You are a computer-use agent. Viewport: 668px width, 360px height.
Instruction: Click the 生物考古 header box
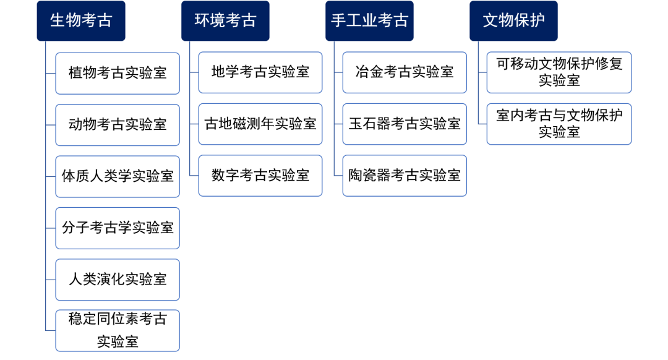coord(80,20)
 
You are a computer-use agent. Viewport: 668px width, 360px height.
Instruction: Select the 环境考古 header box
coord(225,20)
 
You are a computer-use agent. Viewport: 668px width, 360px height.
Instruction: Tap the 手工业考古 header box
coord(369,20)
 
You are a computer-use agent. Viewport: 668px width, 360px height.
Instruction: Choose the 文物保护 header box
coord(513,20)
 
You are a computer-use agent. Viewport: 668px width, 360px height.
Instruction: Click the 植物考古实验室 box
coord(118,73)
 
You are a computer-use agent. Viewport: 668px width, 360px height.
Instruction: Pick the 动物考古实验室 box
coord(118,124)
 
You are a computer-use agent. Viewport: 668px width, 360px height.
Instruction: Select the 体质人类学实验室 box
coord(118,176)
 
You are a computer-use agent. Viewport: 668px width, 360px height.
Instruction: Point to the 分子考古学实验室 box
coord(118,228)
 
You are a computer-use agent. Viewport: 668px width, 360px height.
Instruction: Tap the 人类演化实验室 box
coord(118,280)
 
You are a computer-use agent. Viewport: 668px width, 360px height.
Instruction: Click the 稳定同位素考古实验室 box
coord(118,330)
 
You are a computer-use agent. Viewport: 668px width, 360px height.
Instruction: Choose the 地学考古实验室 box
coord(260,72)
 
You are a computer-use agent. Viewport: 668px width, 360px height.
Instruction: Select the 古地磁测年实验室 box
coord(260,124)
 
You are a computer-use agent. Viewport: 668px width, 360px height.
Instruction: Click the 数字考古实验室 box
coord(260,176)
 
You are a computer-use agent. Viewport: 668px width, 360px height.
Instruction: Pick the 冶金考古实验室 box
coord(405,72)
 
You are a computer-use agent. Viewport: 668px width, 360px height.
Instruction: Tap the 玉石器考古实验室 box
coord(405,124)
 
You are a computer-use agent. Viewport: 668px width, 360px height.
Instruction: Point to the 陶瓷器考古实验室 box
coord(405,176)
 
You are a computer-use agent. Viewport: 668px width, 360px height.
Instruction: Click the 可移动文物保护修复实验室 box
coord(559,72)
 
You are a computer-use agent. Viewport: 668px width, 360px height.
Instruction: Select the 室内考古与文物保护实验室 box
coord(559,124)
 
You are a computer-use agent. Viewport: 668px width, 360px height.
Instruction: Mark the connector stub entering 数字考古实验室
coord(194,176)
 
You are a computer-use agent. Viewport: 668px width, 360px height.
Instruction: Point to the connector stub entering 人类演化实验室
coord(51,280)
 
